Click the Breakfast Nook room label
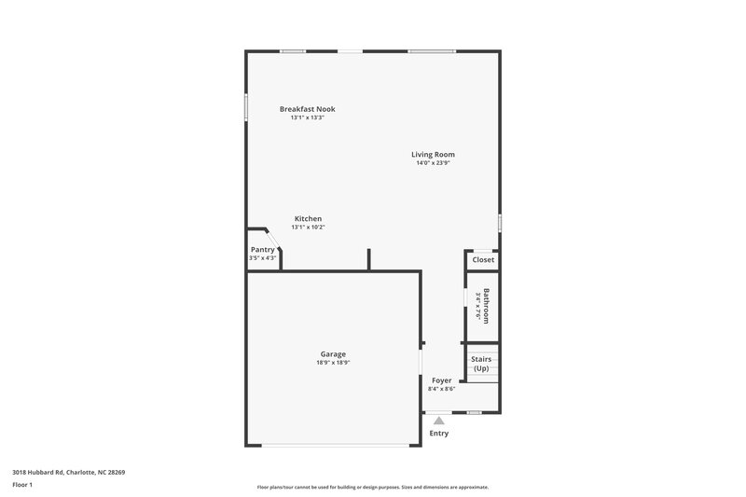(307, 109)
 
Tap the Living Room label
(433, 154)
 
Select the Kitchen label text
(308, 218)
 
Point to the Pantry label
(262, 249)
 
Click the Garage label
(333, 353)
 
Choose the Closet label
(482, 259)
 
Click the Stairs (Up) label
(481, 363)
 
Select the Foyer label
(441, 380)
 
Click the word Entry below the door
(438, 434)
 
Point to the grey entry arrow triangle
(438, 421)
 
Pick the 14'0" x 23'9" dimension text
(433, 163)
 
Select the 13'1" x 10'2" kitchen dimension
(308, 227)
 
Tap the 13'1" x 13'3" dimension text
(307, 117)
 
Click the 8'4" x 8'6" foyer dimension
(441, 389)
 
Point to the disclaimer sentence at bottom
(373, 487)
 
